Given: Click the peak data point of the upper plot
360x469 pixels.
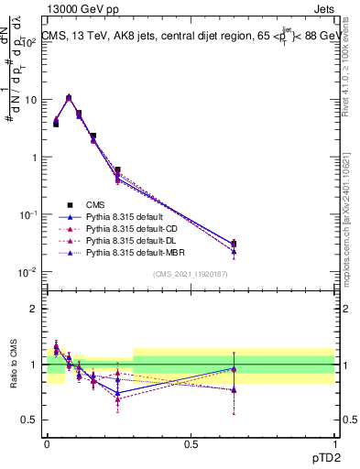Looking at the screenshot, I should coord(69,97).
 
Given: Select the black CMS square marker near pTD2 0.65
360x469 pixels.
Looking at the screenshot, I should coord(234,244).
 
